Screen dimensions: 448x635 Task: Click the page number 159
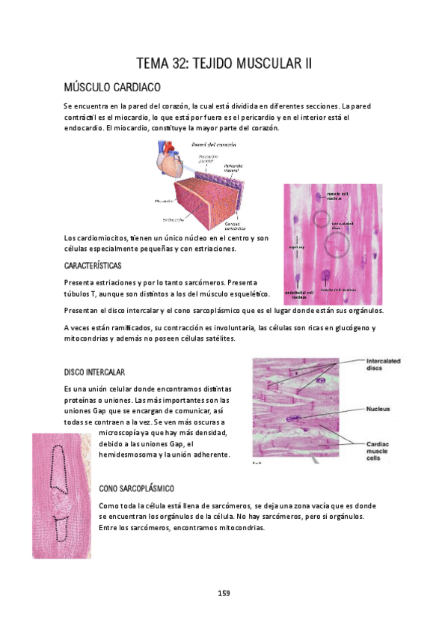(x=224, y=593)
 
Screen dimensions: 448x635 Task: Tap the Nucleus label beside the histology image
(x=380, y=410)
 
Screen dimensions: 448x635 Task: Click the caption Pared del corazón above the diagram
(x=214, y=143)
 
